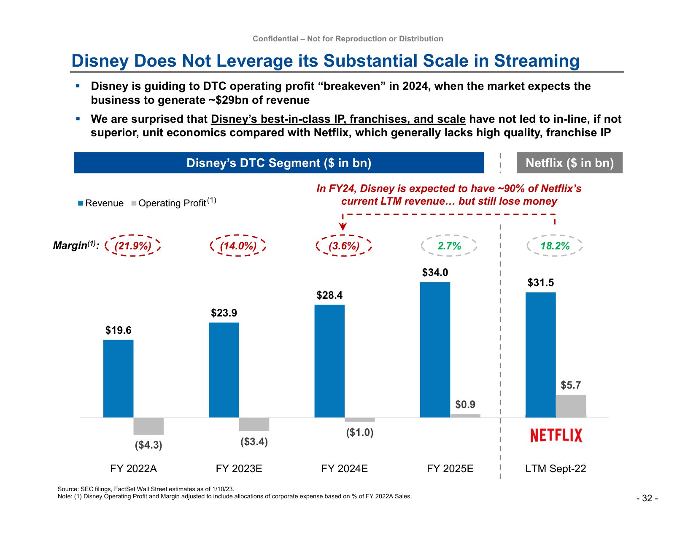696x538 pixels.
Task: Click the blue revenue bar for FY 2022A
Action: tap(118, 378)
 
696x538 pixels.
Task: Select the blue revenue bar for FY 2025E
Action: tap(435, 350)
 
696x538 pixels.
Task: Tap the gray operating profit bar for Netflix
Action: tap(571, 406)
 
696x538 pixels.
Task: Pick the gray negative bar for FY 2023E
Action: tap(254, 424)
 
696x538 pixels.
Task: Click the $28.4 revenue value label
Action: tap(329, 295)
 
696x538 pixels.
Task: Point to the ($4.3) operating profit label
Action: tap(148, 445)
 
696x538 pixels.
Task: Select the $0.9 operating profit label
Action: tap(465, 405)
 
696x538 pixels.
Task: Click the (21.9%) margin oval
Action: tap(133, 246)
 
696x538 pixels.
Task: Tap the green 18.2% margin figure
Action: tap(555, 246)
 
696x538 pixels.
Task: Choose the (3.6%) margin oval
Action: tap(344, 246)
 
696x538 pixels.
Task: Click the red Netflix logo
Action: tap(556, 435)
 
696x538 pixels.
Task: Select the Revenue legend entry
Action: tap(101, 203)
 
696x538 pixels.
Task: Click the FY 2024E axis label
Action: tap(344, 469)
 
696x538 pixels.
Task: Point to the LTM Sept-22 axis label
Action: tap(556, 469)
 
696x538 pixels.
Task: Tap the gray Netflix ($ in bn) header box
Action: tap(569, 163)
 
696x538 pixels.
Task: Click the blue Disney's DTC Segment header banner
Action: tap(279, 163)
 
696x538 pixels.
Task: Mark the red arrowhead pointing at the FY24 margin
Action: tap(343, 227)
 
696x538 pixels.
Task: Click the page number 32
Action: tap(647, 498)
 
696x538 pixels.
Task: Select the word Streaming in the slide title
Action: tap(537, 61)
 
